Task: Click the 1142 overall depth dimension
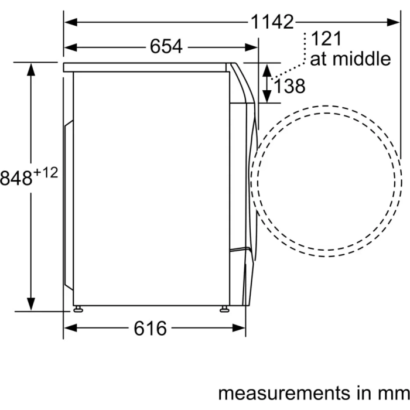pos(272,22)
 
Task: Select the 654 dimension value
pos(166,47)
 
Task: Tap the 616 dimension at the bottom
pos(150,329)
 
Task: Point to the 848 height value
pos(16,178)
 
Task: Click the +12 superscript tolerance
pos(46,173)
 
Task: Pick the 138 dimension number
pos(289,86)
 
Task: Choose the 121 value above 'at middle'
pos(326,39)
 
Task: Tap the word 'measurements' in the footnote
pos(283,393)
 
